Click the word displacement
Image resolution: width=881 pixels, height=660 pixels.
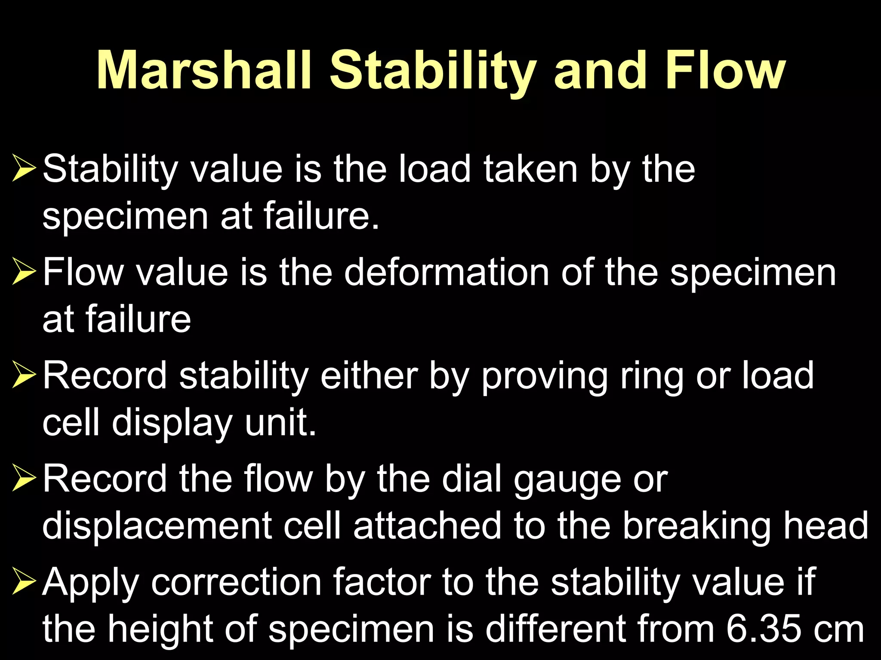click(157, 526)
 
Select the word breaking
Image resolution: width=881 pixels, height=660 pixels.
click(696, 526)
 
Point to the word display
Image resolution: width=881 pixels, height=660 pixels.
click(172, 424)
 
